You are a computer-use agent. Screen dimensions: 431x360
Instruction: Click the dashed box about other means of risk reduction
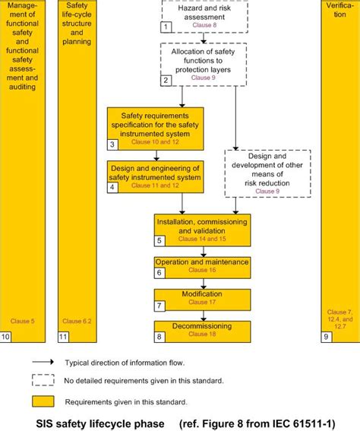click(267, 174)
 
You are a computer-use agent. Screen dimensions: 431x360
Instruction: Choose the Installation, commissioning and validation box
click(202, 230)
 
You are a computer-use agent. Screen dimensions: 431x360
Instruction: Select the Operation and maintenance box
click(202, 266)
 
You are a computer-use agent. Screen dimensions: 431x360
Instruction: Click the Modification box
click(202, 298)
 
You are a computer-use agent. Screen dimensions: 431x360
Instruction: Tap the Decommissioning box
click(202, 330)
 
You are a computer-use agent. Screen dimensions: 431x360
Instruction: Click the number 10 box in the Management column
click(6, 336)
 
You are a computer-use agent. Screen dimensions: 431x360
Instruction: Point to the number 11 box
click(64, 336)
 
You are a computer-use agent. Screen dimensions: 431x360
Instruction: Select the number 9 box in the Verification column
click(327, 336)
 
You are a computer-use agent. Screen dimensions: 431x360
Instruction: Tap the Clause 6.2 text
click(77, 321)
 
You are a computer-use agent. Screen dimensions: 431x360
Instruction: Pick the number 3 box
click(112, 144)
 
